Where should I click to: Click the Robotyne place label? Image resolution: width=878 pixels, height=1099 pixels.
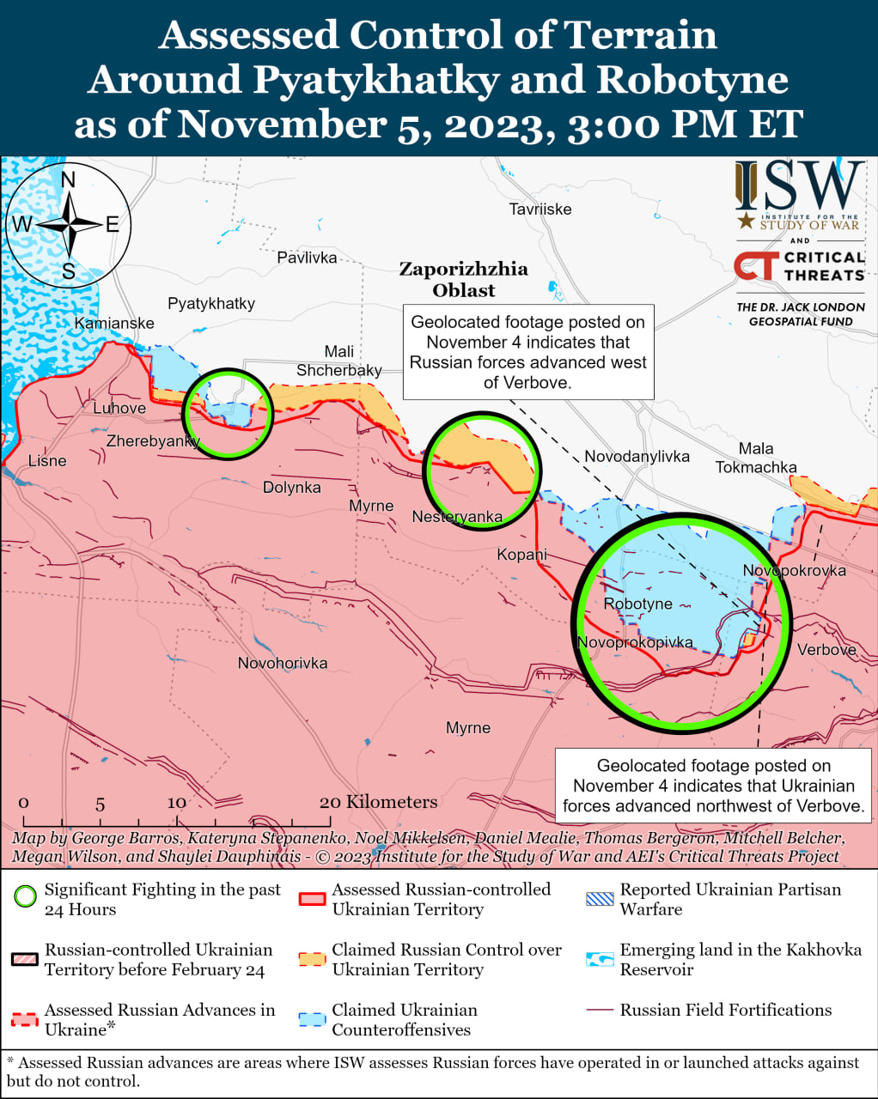pyautogui.click(x=637, y=604)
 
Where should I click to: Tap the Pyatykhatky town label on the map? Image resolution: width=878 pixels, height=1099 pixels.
pyautogui.click(x=211, y=303)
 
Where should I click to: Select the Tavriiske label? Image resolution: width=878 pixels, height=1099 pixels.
pyautogui.click(x=540, y=209)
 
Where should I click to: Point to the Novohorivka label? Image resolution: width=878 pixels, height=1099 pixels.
pyautogui.click(x=283, y=663)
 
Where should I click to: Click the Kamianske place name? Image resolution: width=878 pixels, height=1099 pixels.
pyautogui.click(x=114, y=323)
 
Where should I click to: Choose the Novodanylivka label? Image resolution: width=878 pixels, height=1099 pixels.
pyautogui.click(x=637, y=456)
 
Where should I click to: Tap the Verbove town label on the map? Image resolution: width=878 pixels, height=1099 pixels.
pyautogui.click(x=826, y=650)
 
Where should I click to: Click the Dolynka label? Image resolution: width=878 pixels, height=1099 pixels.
pyautogui.click(x=292, y=487)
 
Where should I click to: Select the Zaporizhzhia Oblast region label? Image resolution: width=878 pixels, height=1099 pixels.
pyautogui.click(x=463, y=279)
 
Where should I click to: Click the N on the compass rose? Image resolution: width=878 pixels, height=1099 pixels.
pyautogui.click(x=68, y=179)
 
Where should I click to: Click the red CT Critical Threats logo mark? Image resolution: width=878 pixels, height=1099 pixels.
pyautogui.click(x=755, y=265)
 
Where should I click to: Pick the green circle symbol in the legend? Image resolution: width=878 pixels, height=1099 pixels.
pyautogui.click(x=26, y=897)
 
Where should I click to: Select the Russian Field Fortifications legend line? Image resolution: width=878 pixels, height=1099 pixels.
pyautogui.click(x=600, y=1011)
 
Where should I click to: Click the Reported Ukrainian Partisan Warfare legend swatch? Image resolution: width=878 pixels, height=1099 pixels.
pyautogui.click(x=600, y=899)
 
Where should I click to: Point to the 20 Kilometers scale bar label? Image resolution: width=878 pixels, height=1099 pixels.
pyautogui.click(x=378, y=801)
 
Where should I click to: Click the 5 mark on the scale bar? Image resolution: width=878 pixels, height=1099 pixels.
pyautogui.click(x=100, y=804)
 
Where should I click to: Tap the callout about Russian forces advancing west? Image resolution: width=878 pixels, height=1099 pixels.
pyautogui.click(x=527, y=352)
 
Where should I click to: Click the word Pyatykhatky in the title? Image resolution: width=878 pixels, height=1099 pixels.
pyautogui.click(x=375, y=80)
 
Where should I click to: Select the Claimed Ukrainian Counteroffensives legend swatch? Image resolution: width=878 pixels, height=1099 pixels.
pyautogui.click(x=312, y=1019)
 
